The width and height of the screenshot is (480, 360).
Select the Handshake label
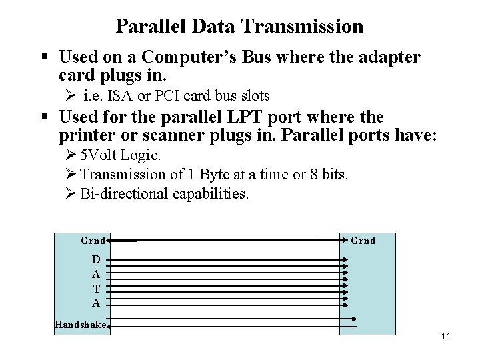(x=81, y=325)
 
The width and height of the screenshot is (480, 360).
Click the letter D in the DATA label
(x=97, y=259)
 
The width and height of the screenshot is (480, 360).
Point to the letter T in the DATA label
(x=97, y=288)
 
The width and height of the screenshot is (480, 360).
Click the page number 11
(x=445, y=335)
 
